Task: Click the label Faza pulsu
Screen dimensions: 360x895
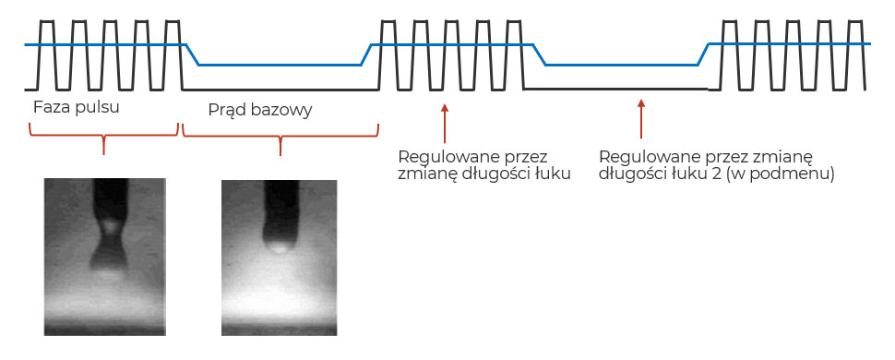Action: pos(77,106)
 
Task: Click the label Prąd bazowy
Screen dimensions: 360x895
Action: pos(259,110)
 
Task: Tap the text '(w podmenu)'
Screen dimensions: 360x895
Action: pos(794,173)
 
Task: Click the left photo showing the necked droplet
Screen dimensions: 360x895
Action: pos(104,256)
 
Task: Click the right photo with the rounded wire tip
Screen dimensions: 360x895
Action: pos(280,256)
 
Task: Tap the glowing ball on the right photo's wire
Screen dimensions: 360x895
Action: pos(275,244)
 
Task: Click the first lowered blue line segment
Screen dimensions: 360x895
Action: pos(280,65)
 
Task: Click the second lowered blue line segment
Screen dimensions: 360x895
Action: pos(623,65)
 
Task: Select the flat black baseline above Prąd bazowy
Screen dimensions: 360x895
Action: pos(280,89)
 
